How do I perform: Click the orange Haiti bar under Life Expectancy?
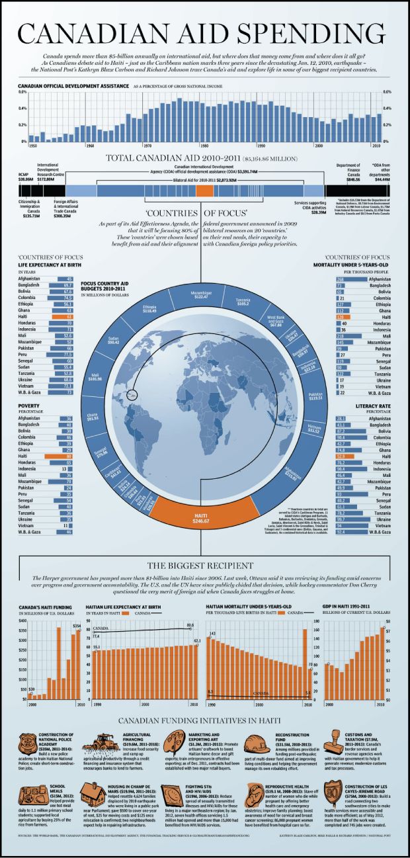(65, 317)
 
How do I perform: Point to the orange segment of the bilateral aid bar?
(205, 190)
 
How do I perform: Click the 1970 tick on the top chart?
(147, 145)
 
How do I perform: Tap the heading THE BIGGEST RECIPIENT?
(204, 566)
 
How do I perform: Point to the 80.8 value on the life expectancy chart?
(190, 624)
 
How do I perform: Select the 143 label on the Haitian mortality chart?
(212, 634)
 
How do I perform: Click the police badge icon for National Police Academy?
(29, 742)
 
